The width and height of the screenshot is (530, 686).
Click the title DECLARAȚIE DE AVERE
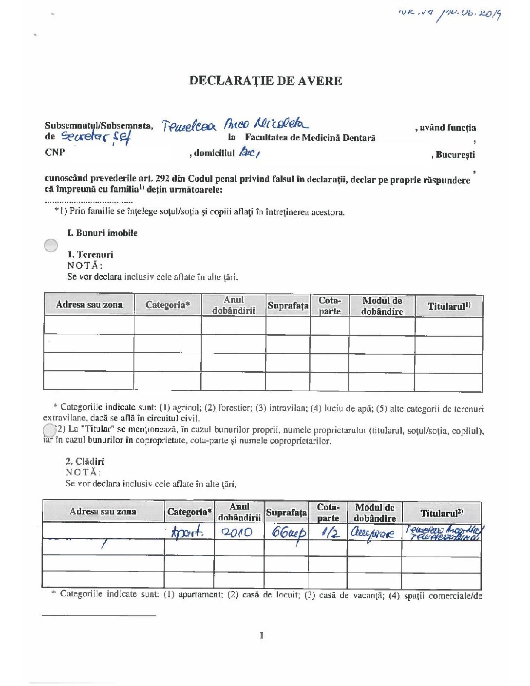tap(265, 81)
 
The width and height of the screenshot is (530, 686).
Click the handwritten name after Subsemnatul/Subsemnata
tap(233, 125)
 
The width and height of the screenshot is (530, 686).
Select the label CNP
tap(55, 152)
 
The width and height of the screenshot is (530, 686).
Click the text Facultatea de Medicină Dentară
tap(310, 138)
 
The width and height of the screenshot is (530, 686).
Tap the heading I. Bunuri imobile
tap(102, 233)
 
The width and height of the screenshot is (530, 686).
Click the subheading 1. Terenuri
tap(90, 254)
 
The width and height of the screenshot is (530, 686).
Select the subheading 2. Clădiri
tap(85, 461)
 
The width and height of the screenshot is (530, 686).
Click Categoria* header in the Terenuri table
tap(168, 305)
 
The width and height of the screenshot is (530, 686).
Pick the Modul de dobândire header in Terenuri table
tap(382, 306)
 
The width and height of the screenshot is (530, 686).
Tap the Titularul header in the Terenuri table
tap(449, 306)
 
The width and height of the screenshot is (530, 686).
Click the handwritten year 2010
tap(237, 532)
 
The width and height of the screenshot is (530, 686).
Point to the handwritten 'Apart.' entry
tap(187, 532)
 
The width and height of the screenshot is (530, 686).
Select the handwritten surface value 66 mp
tap(288, 532)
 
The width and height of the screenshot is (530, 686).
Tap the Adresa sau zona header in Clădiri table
tap(103, 512)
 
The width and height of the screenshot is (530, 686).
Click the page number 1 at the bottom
tap(262, 635)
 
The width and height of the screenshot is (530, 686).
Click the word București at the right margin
tap(455, 155)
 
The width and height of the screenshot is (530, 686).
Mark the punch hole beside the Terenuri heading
tap(51, 246)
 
